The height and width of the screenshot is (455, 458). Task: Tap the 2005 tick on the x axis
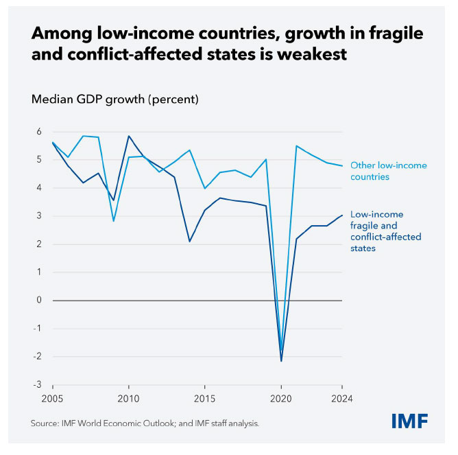pos(52,398)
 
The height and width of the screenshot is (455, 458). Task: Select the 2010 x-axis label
pos(128,398)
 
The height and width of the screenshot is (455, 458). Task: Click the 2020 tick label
pos(281,398)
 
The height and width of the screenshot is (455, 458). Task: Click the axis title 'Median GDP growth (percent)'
pos(115,100)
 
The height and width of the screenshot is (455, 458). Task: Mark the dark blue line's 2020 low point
pos(281,361)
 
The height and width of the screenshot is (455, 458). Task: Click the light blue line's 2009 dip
pos(113,221)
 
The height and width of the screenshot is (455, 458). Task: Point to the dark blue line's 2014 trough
pos(189,242)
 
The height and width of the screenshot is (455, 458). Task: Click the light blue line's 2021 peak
pos(296,145)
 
